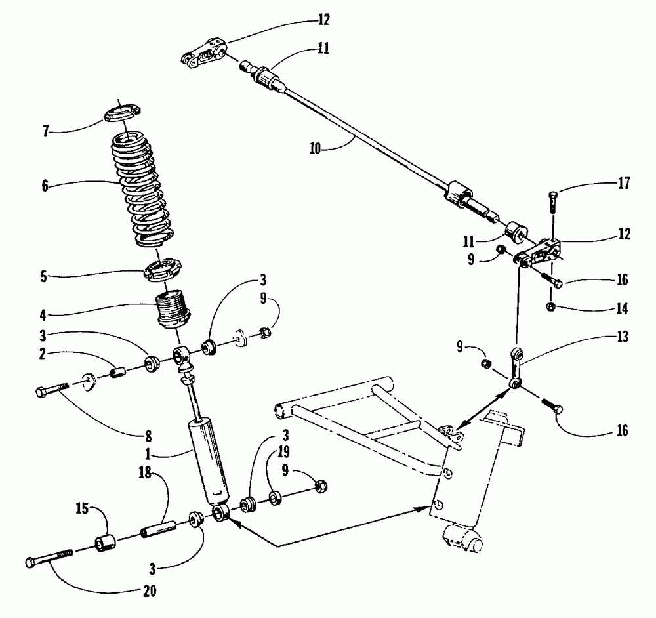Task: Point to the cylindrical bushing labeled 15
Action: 106,544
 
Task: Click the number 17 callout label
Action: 623,184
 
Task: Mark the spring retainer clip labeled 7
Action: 123,113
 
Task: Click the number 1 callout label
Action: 149,453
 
